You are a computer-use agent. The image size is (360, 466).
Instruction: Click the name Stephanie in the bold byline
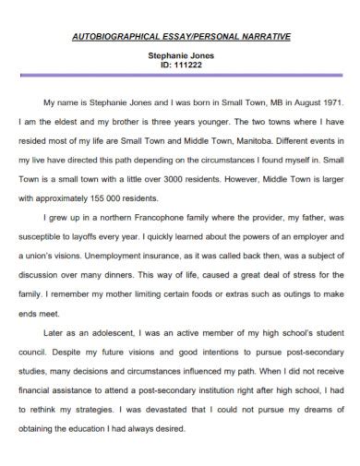point(167,55)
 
